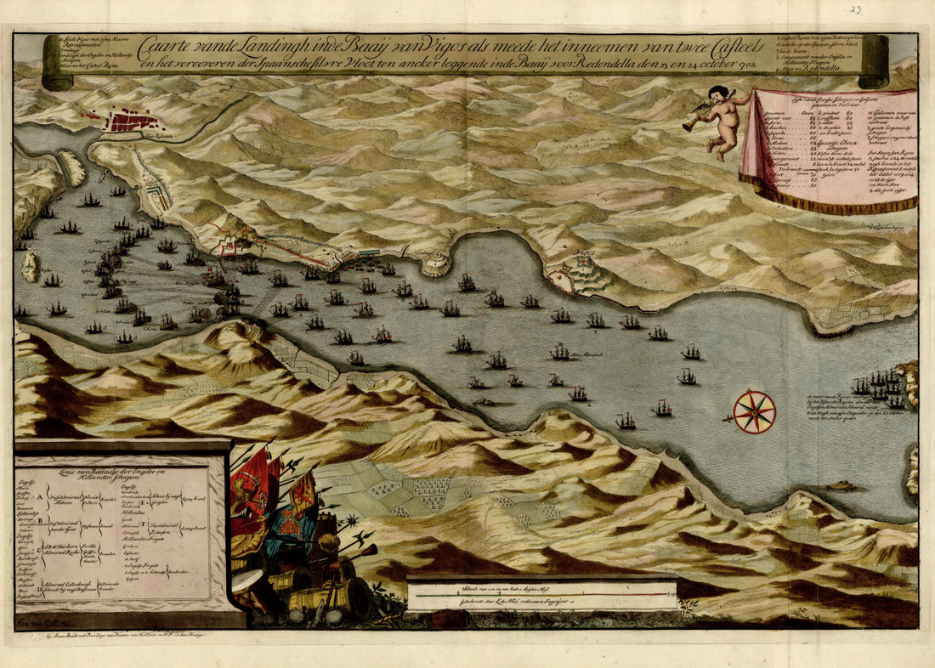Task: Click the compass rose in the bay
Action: pyautogui.click(x=754, y=411)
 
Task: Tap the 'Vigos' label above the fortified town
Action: pyautogui.click(x=582, y=254)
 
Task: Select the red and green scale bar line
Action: pyautogui.click(x=541, y=596)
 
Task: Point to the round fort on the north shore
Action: pyautogui.click(x=435, y=264)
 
